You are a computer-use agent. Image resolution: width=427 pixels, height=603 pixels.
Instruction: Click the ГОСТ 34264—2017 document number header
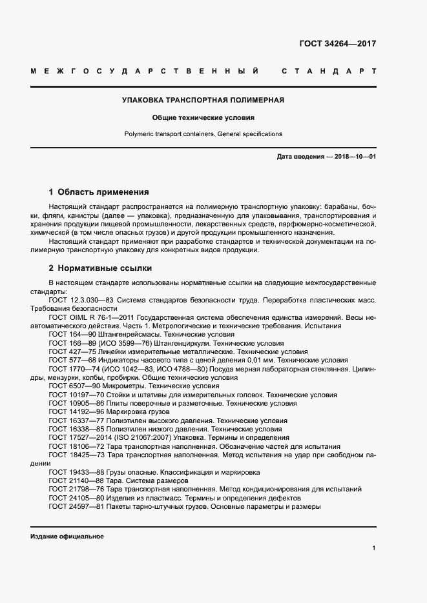(x=337, y=44)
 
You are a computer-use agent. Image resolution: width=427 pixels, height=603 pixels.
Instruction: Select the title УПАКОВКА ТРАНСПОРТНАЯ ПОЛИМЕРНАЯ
(x=203, y=100)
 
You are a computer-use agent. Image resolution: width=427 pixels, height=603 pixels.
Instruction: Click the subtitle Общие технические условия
(x=203, y=118)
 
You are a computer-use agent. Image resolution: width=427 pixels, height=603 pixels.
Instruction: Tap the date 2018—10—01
(x=355, y=157)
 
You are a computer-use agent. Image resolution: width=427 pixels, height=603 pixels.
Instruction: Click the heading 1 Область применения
(x=99, y=192)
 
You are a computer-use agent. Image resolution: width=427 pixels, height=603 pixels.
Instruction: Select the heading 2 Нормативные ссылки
(x=100, y=268)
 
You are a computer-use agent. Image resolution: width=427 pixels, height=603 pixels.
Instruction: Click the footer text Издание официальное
(x=67, y=537)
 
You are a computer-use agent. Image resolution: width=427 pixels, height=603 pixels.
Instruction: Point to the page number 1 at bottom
(x=374, y=548)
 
